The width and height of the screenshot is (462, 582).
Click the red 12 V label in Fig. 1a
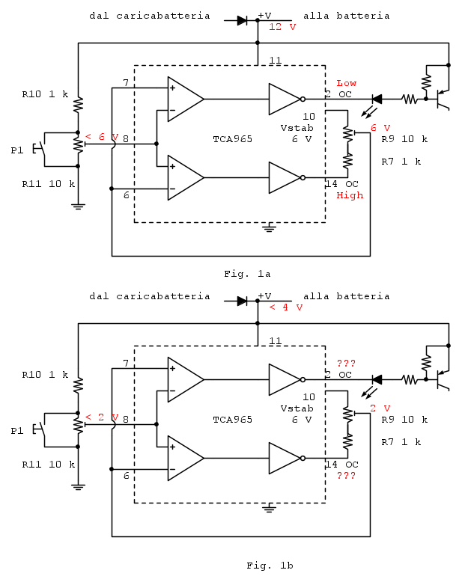pyautogui.click(x=282, y=27)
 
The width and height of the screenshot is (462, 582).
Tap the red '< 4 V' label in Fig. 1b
pyautogui.click(x=285, y=307)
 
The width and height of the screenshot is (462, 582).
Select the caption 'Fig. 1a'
pyautogui.click(x=248, y=274)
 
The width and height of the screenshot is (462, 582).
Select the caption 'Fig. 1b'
pyautogui.click(x=270, y=566)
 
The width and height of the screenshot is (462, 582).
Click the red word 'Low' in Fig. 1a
pyautogui.click(x=346, y=83)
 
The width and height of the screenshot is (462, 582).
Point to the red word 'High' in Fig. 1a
pyautogui.click(x=349, y=195)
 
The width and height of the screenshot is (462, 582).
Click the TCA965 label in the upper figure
pyautogui.click(x=232, y=139)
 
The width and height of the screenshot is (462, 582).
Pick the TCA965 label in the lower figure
pyautogui.click(x=232, y=420)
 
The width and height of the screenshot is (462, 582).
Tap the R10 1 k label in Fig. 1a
pyautogui.click(x=45, y=94)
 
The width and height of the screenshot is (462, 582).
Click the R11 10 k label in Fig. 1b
pyautogui.click(x=48, y=465)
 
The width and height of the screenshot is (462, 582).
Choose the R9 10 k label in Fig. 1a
pyautogui.click(x=404, y=139)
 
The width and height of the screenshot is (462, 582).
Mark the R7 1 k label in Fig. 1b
pyautogui.click(x=401, y=442)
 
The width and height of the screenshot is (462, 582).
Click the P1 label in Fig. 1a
pyautogui.click(x=17, y=150)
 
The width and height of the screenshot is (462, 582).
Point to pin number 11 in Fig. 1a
pyautogui.click(x=275, y=60)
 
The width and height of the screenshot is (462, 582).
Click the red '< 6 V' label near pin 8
pyautogui.click(x=101, y=136)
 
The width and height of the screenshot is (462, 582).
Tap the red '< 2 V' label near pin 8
pyautogui.click(x=101, y=417)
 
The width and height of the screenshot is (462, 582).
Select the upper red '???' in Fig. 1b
pyautogui.click(x=346, y=364)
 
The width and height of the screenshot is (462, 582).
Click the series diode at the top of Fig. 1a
pyautogui.click(x=242, y=21)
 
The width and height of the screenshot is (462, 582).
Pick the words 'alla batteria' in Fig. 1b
pyautogui.click(x=346, y=296)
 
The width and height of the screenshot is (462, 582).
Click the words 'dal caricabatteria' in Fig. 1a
pyautogui.click(x=150, y=16)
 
